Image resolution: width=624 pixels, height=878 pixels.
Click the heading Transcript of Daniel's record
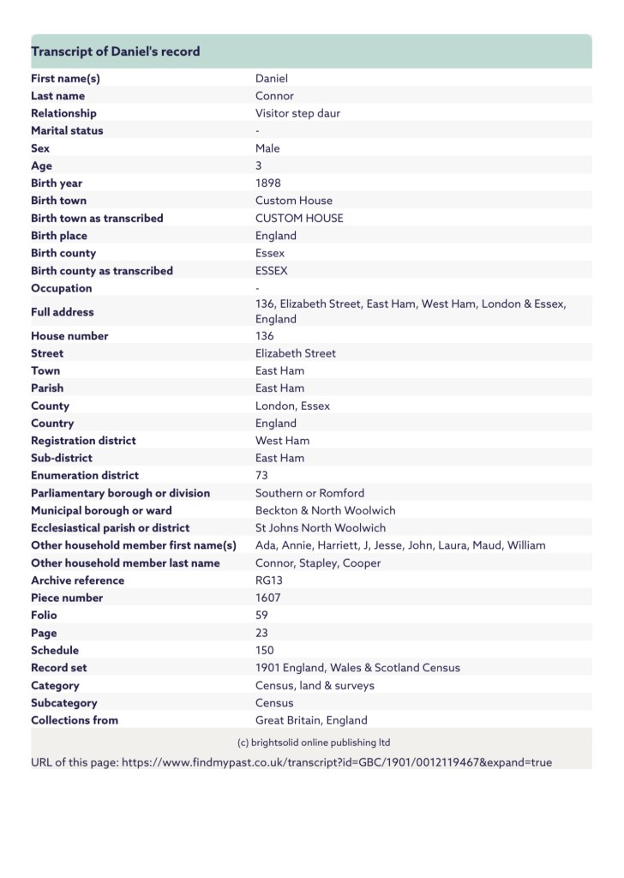[x=116, y=51]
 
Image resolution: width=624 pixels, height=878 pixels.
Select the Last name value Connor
[x=274, y=96]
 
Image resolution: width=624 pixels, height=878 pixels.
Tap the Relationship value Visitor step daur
[x=297, y=113]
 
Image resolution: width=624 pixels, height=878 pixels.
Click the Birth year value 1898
[x=267, y=183]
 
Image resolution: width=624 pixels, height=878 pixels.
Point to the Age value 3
[x=259, y=165]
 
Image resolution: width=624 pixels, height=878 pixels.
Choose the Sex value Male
[x=267, y=148]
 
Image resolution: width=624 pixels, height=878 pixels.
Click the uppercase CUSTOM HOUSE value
[x=299, y=218]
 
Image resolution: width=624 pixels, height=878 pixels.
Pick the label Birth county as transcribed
[x=102, y=271]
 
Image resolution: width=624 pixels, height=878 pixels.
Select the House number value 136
[x=265, y=336]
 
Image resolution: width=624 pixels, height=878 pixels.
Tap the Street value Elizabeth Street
[x=296, y=353]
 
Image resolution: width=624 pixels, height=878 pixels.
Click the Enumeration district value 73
[x=262, y=475]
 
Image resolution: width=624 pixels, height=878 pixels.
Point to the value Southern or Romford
[x=309, y=493]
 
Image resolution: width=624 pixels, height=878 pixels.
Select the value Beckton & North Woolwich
[x=326, y=510]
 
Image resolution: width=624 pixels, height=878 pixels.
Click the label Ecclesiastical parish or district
[x=111, y=528]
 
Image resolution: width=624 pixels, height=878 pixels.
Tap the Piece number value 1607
[x=268, y=598]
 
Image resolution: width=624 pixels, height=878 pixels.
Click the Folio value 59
[x=262, y=616]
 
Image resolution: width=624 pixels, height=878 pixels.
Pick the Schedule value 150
[x=265, y=650]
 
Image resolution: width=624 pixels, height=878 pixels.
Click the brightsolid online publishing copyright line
[x=313, y=743]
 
